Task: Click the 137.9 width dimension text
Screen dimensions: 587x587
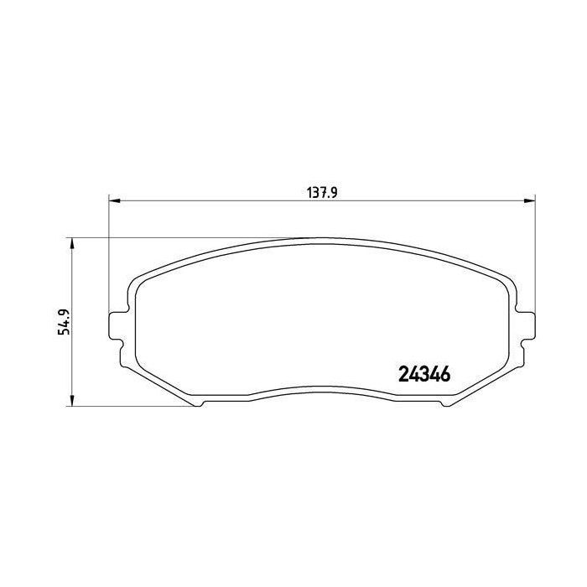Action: (322, 193)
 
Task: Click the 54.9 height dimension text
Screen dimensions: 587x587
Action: (65, 321)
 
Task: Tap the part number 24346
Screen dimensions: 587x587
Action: (424, 374)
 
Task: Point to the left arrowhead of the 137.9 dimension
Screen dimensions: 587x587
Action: (114, 201)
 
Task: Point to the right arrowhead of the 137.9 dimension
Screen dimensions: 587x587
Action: (529, 201)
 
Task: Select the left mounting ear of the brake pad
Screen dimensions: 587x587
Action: (117, 325)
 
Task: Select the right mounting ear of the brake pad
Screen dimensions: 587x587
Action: (527, 325)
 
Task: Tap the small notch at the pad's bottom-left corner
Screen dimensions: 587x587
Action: (199, 403)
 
